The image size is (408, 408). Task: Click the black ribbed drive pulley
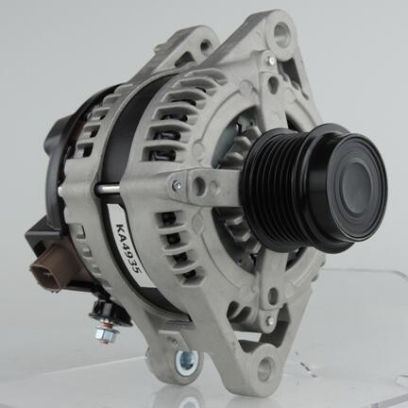[x=314, y=188]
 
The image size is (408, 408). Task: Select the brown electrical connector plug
[x=47, y=266]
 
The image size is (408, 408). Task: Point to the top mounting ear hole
[x=280, y=32]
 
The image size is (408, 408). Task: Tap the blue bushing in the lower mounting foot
[x=186, y=359]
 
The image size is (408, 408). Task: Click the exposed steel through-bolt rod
[x=108, y=189]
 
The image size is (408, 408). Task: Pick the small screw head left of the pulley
[x=178, y=183]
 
